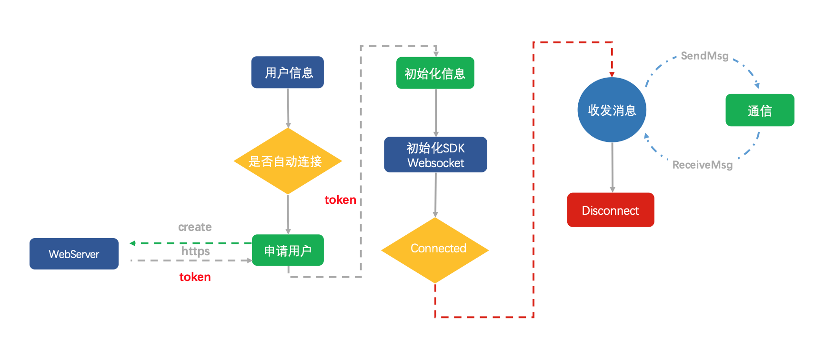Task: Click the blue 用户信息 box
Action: [287, 72]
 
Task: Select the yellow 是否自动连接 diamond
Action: [288, 161]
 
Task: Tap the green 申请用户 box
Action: [288, 250]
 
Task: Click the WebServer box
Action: [74, 254]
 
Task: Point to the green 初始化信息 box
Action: [435, 73]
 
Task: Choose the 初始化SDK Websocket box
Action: [435, 155]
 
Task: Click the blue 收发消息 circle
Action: [612, 110]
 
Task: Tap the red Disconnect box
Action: [610, 210]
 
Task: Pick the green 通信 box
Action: [760, 110]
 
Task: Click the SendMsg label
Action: [704, 56]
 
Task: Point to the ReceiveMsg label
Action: [703, 165]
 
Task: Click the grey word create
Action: [195, 227]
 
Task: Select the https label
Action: [195, 250]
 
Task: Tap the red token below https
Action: [195, 277]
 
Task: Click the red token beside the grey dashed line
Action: [340, 200]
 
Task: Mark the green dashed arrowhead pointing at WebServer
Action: [132, 243]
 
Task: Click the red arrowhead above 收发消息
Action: [612, 74]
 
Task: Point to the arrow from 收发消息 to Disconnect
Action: [613, 167]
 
